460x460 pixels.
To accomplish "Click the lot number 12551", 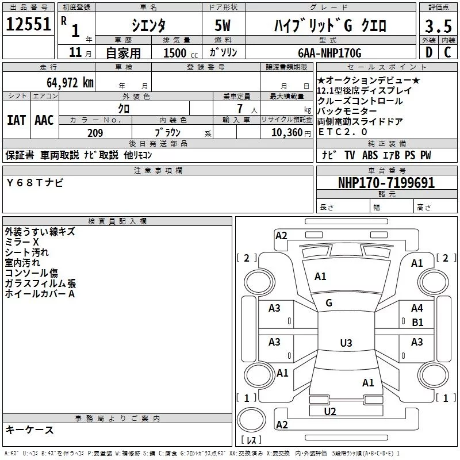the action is click(28, 24).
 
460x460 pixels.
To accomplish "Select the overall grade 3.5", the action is click(438, 26).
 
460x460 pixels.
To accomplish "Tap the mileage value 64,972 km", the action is click(70, 83).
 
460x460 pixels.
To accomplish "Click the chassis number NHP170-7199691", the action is click(386, 183).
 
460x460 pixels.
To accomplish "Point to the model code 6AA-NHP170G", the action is click(329, 53).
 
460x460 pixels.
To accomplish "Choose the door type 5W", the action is click(223, 25).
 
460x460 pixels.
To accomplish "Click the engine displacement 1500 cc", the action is click(181, 53).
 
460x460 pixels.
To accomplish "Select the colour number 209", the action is click(95, 133).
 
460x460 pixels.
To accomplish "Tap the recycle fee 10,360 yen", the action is click(291, 133).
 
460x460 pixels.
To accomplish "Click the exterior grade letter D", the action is click(429, 52).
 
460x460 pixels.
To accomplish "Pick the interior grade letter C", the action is click(447, 52).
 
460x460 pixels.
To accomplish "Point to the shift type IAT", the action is click(17, 120).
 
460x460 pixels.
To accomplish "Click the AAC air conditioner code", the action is click(44, 120).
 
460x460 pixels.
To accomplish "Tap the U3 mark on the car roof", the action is click(346, 343).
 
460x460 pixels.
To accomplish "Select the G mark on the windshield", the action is click(329, 303).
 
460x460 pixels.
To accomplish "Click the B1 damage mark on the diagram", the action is click(417, 323).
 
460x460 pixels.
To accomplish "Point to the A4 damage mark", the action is click(417, 308).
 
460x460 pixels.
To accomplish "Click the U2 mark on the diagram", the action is click(330, 412).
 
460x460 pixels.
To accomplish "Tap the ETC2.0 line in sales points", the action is click(343, 132).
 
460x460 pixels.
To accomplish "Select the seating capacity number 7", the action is click(240, 109).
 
